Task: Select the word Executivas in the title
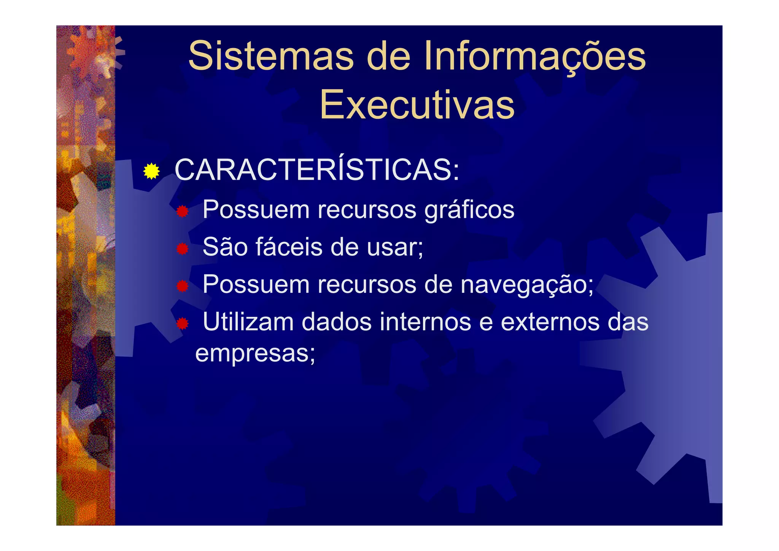417,105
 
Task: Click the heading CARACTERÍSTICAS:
317,170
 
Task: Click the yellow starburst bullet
151,171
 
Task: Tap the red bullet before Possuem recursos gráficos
183,211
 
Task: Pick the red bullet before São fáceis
183,249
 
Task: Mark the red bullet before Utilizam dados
183,324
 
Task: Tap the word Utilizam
248,322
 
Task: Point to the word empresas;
255,353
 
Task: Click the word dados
336,322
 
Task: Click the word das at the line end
628,322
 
